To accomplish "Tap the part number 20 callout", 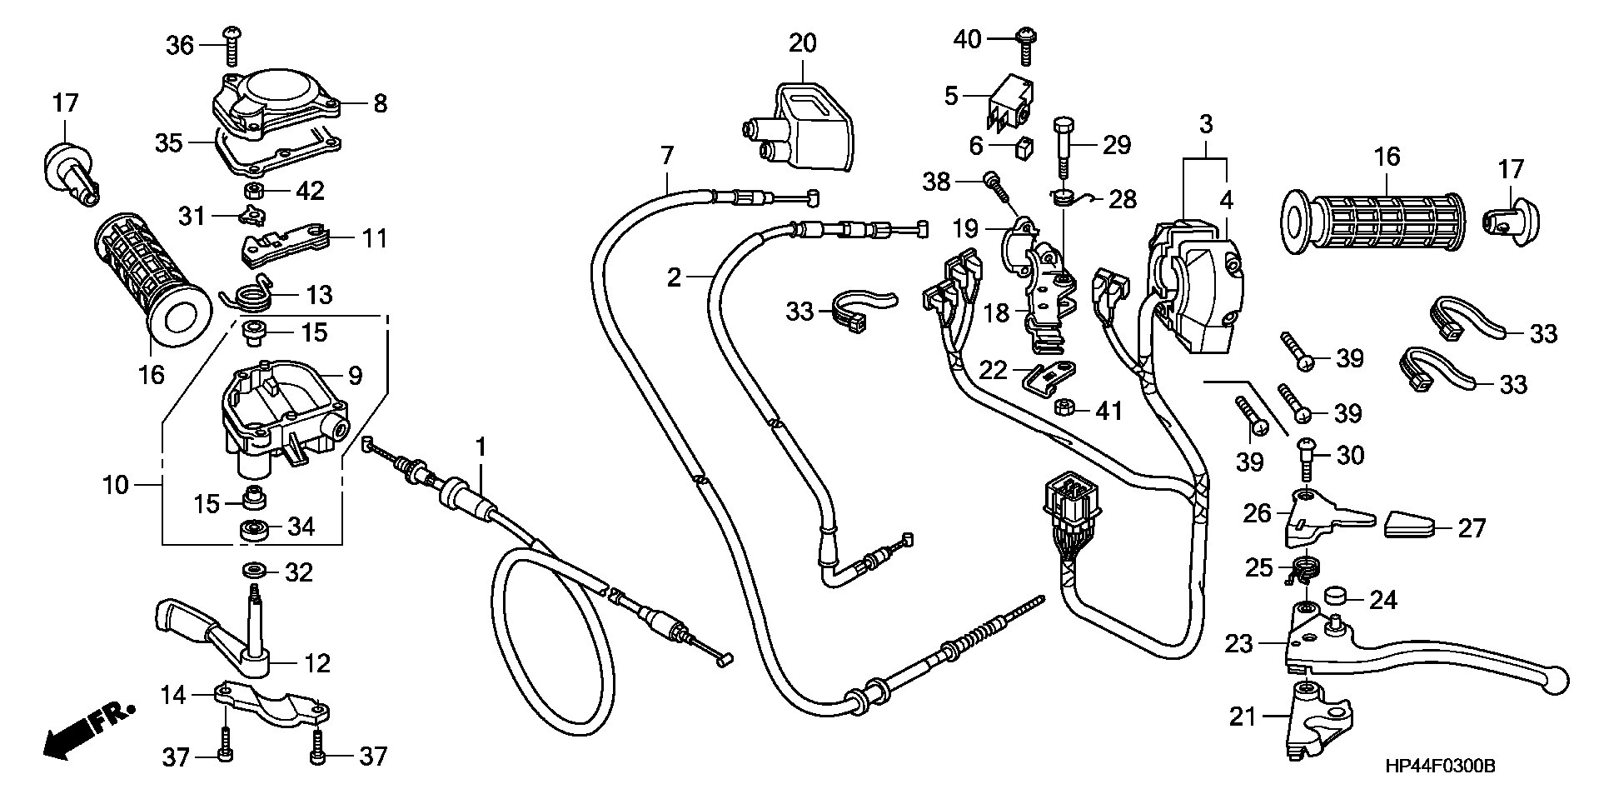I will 803,42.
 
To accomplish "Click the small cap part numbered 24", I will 1335,598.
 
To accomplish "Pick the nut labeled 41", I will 1063,407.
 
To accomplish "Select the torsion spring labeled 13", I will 249,297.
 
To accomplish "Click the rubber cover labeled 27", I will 1410,527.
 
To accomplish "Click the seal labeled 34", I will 251,528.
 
